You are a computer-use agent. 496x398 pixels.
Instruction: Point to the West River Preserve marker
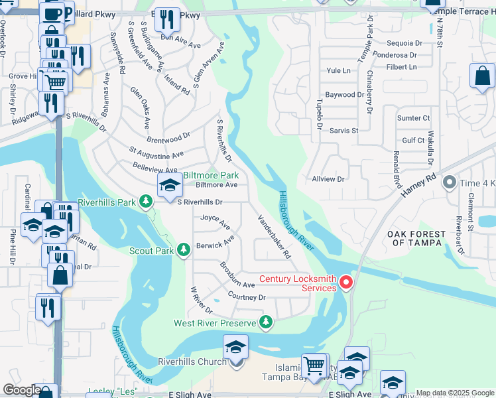coord(266,322)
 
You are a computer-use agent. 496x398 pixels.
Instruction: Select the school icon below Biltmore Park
coord(170,186)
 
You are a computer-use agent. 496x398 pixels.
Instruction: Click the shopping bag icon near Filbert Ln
coord(482,75)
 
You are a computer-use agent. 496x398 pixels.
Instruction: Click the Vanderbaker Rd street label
coord(274,235)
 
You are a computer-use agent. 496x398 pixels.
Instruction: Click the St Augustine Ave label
coord(156,154)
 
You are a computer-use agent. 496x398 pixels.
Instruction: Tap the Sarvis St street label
coord(343,131)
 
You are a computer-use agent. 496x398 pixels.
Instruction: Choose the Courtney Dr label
coord(246,297)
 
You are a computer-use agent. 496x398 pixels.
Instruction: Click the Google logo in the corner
coord(22,390)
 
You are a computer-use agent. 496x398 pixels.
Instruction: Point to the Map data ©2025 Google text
coord(455,393)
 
